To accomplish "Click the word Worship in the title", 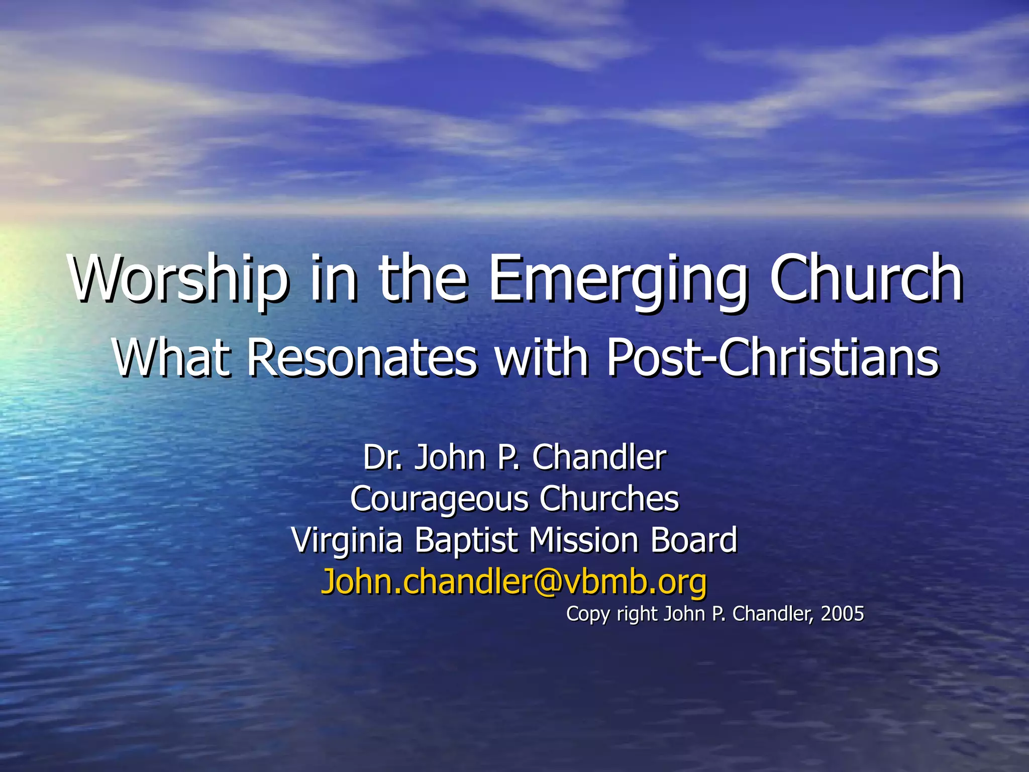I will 179,279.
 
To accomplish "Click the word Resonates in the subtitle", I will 362,357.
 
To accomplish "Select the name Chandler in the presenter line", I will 599,457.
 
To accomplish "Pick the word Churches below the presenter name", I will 609,499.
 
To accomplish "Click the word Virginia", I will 347,541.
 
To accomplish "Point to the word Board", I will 694,540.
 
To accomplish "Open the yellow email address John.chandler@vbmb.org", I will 513,582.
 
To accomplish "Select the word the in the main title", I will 422,279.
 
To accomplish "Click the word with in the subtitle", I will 541,357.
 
